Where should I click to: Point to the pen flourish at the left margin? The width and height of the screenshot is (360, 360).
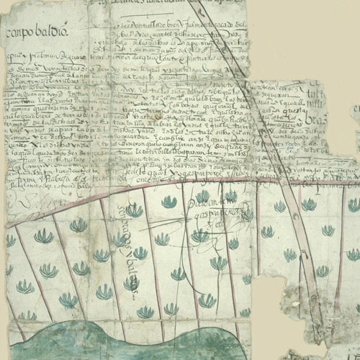pyautogui.click(x=22, y=206)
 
